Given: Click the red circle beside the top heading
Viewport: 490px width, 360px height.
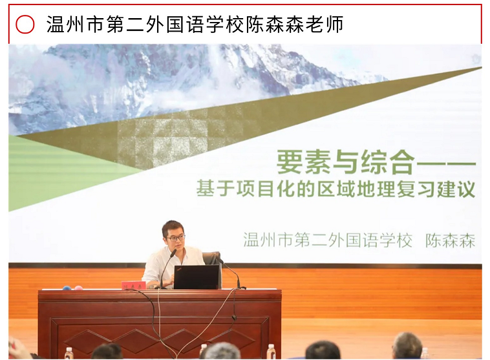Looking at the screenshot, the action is pos(25,25).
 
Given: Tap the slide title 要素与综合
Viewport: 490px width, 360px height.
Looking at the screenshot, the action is pos(346,162).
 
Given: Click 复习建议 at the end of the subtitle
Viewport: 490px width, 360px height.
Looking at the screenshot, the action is pos(436,189).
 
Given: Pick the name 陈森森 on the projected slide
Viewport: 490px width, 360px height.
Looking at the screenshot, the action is pos(451,240).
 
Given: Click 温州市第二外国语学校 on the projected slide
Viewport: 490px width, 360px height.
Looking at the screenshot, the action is pos(328,240).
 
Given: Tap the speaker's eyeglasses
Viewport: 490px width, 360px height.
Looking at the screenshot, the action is pos(176,238).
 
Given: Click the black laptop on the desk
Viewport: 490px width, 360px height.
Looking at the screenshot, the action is pos(197,277).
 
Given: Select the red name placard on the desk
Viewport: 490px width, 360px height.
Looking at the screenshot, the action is pos(134,285).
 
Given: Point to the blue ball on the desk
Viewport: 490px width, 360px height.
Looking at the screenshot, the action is pos(67,288).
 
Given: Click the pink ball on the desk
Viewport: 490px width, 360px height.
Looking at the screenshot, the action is pos(79,288).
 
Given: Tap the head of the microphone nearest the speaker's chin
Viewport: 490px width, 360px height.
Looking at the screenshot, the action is pos(173,253).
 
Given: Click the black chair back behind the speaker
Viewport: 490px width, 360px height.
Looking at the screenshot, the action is pos(212,259).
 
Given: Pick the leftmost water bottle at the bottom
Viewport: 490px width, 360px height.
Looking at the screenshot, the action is pos(69,353).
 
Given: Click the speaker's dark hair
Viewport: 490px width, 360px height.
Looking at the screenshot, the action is pos(173,227).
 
